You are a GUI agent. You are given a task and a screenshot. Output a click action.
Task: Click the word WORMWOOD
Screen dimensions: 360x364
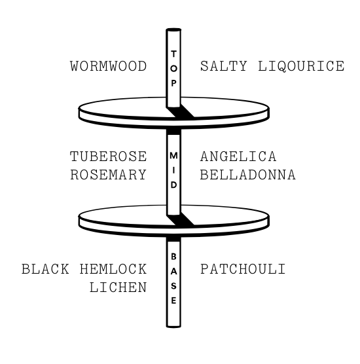[x=108, y=66]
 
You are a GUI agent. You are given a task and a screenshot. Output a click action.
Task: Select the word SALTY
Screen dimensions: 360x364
[x=223, y=66]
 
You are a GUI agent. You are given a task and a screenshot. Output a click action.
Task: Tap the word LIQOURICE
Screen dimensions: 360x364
[x=301, y=66]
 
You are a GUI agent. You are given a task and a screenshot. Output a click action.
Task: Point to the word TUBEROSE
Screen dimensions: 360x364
[x=108, y=156]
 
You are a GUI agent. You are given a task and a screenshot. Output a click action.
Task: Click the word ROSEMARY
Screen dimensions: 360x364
[x=108, y=175]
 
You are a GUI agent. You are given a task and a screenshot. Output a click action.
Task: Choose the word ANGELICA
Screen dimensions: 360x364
[x=238, y=156]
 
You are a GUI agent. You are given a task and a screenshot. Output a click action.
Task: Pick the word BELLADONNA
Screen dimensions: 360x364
[x=247, y=175]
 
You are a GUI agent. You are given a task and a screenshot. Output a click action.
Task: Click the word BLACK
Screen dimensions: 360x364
[x=45, y=269]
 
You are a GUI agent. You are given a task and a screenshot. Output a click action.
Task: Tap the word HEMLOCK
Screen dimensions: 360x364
[x=113, y=269]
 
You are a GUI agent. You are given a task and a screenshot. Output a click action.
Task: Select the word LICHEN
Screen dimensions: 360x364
[x=118, y=287]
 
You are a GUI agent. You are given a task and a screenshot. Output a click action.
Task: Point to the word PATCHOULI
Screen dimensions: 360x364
[x=243, y=269]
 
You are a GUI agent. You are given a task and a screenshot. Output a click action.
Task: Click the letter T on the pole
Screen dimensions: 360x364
[x=173, y=54]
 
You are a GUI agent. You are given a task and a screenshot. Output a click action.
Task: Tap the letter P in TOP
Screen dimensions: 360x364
[x=173, y=83]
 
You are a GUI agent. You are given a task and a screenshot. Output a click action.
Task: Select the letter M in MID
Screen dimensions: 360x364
[x=173, y=156]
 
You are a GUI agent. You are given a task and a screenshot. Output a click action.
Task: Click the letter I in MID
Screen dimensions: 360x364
[x=173, y=170]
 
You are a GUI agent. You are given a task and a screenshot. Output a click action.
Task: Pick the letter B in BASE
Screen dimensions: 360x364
[x=173, y=257]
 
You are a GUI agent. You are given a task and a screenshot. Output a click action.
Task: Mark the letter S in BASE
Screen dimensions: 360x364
[x=173, y=286]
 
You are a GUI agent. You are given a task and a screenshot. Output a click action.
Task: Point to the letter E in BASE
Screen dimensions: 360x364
[x=173, y=300]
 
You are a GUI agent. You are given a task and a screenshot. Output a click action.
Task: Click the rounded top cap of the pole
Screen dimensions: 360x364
[x=173, y=29]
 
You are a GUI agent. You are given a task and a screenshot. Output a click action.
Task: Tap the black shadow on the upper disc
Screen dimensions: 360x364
[x=181, y=112]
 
